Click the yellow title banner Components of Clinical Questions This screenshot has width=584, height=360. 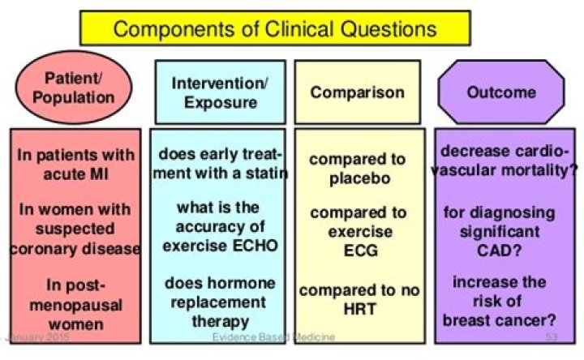click(x=275, y=28)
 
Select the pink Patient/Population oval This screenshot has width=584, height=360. click(x=73, y=88)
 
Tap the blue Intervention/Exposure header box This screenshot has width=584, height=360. click(x=221, y=92)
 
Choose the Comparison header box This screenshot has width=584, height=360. click(x=358, y=92)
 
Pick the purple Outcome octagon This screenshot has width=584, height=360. click(x=501, y=92)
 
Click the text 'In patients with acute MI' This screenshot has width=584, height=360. click(x=75, y=164)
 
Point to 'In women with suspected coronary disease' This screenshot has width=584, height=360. click(x=75, y=229)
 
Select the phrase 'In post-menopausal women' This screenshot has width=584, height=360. click(x=76, y=305)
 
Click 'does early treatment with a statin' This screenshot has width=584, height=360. click(x=221, y=164)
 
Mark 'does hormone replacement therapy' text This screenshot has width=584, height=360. click(x=220, y=302)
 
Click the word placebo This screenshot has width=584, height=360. click(x=360, y=178)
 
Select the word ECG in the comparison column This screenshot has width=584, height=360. click(x=360, y=251)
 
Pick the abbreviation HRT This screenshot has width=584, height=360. click(x=360, y=309)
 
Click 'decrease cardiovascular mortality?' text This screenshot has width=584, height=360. click(x=505, y=161)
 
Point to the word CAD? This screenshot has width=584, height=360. click(x=499, y=251)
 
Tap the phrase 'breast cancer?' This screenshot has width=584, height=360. click(x=499, y=320)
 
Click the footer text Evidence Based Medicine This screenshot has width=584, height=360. click(x=274, y=337)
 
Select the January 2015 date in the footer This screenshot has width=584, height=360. click(x=38, y=337)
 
